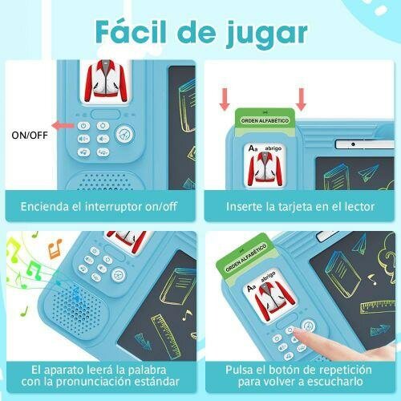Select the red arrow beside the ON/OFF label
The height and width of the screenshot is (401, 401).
[63, 125]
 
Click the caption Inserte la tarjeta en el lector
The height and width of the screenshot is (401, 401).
[299, 206]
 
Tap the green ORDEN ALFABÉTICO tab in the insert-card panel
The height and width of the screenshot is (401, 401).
[265, 120]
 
